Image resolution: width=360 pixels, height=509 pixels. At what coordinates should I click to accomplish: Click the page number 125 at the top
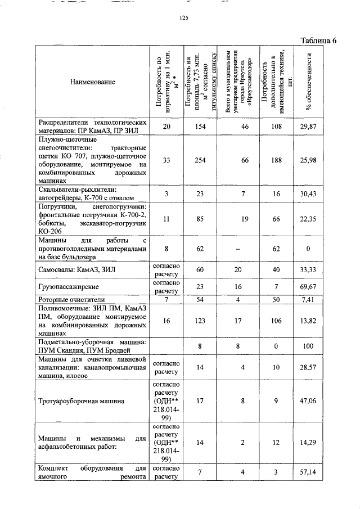point(183,18)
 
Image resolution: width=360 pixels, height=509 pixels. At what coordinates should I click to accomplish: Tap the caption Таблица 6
point(318,40)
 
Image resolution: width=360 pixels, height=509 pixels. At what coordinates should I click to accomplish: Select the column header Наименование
point(93,82)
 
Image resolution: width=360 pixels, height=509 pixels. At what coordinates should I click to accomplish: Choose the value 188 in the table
point(276,160)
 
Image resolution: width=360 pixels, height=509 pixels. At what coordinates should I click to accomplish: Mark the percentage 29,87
point(309,127)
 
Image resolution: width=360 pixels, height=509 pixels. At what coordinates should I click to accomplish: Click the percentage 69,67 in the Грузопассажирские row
point(309,287)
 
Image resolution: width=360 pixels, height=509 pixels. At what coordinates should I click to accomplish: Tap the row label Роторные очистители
point(71,300)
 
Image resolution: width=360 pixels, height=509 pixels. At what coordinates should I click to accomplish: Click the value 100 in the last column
point(309,346)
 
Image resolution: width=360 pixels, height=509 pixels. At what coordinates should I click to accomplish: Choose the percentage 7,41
point(309,300)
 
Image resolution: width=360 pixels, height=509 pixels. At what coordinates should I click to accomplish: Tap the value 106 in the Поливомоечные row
point(276,321)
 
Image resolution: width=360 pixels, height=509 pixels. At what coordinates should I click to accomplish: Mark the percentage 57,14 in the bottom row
point(309,472)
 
